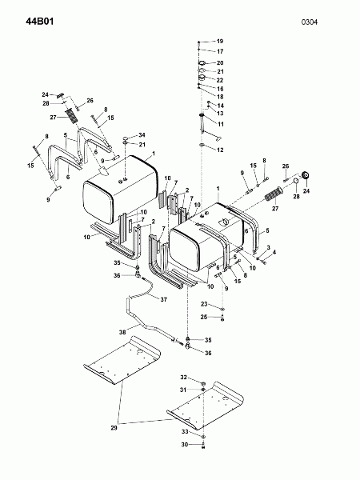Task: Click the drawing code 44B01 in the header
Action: click(x=40, y=22)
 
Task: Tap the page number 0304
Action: click(x=310, y=22)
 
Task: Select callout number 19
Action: click(x=220, y=41)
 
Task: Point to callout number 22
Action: click(x=220, y=80)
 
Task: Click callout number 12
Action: click(x=220, y=150)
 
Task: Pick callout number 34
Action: click(x=142, y=135)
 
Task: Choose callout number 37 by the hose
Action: click(x=164, y=299)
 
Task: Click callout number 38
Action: click(x=122, y=332)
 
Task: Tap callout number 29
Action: click(x=114, y=428)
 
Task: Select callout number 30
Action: click(x=184, y=445)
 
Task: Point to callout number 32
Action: click(x=183, y=378)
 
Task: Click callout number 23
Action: click(x=204, y=304)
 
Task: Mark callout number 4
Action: click(x=274, y=252)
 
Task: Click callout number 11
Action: click(x=221, y=124)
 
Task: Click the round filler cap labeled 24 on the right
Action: click(x=306, y=175)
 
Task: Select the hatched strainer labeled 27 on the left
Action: click(x=71, y=115)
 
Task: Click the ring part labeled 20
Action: click(x=202, y=63)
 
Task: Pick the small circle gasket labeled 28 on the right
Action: click(x=296, y=181)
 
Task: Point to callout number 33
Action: click(x=185, y=432)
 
